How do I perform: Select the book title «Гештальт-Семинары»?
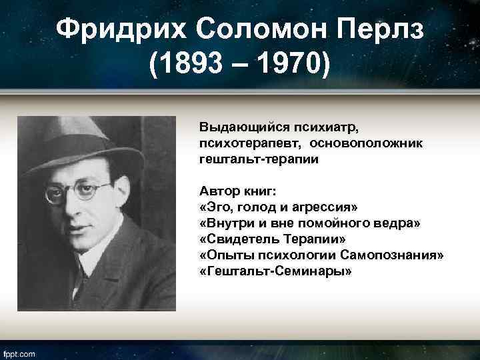[275, 272]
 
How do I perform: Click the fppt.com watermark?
[19, 353]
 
